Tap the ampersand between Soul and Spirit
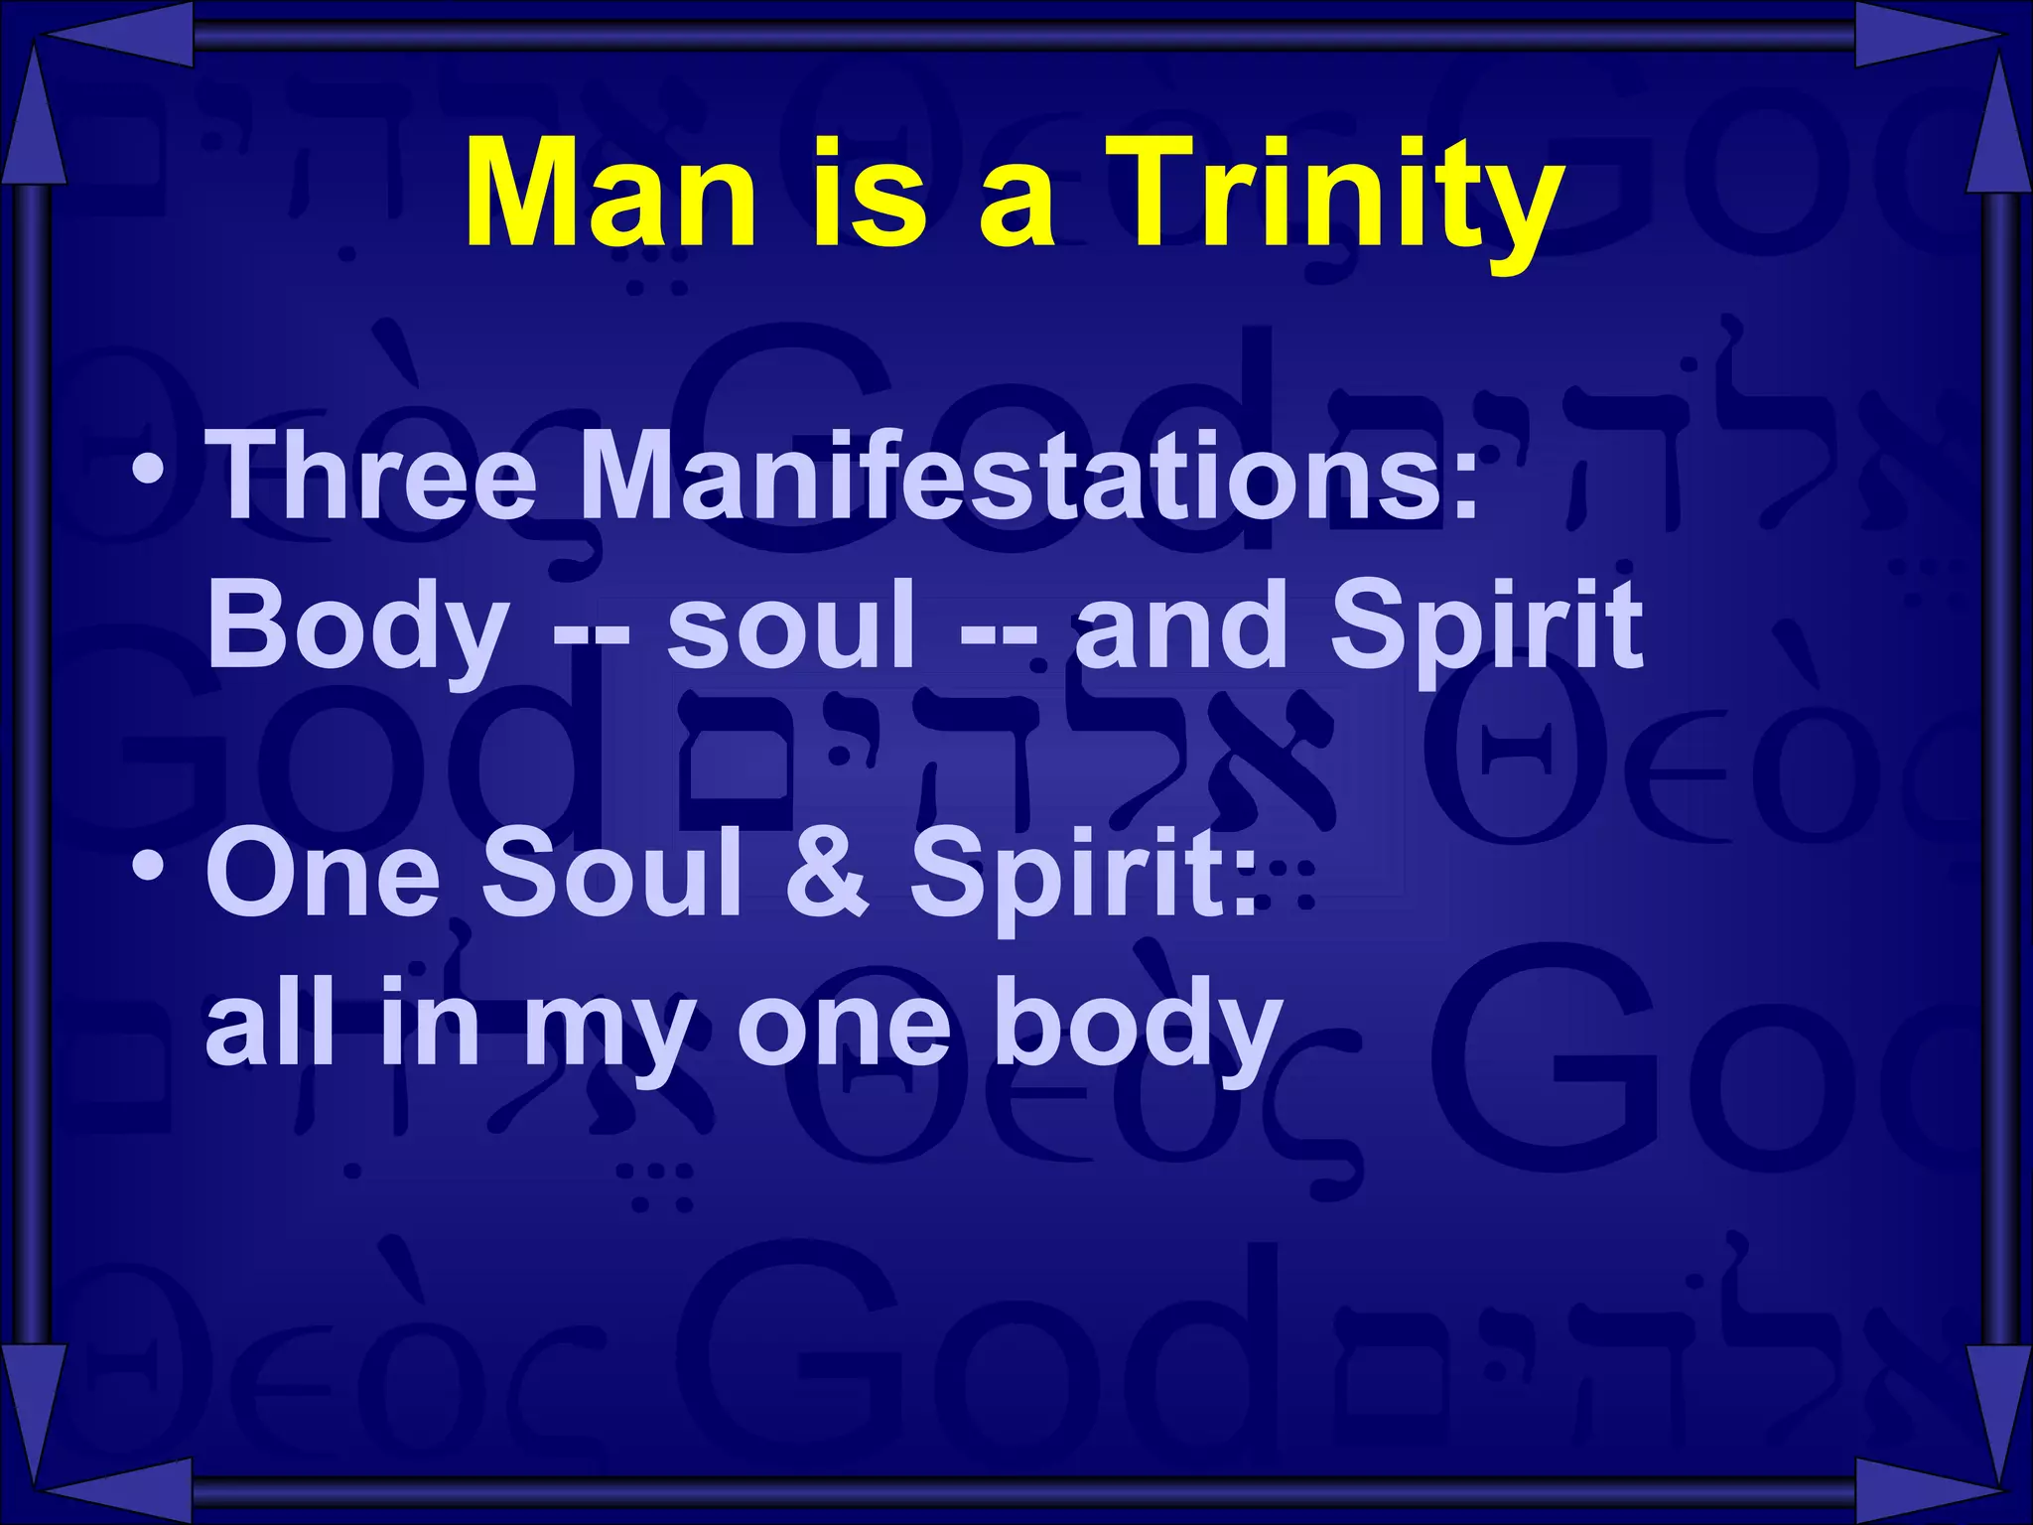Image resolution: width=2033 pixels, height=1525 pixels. (x=827, y=874)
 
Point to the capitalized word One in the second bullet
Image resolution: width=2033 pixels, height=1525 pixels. (x=324, y=874)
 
